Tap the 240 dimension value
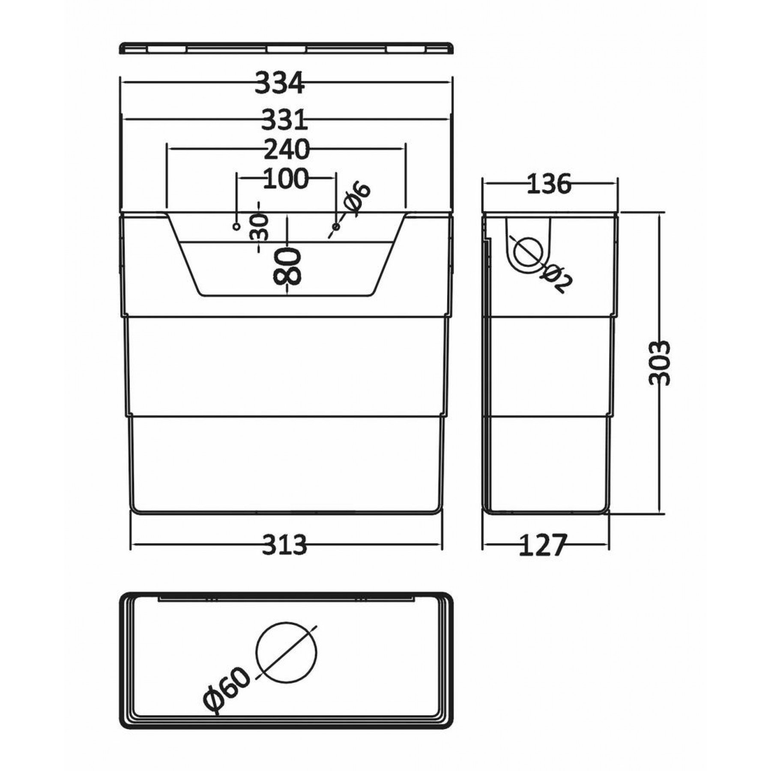tap(286, 150)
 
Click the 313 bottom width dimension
tap(284, 545)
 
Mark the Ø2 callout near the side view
tap(558, 278)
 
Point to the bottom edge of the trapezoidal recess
tap(286, 295)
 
